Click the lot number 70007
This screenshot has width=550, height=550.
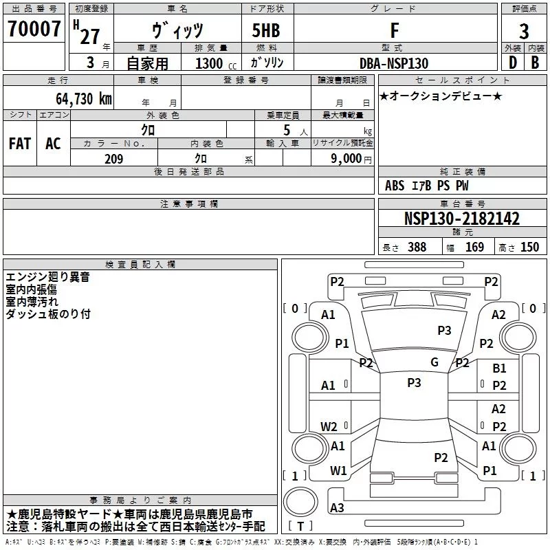click(x=34, y=30)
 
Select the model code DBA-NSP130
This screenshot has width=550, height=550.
click(x=394, y=63)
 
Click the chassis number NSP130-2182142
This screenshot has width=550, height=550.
click(x=461, y=219)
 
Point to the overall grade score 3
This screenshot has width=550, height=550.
click(x=524, y=32)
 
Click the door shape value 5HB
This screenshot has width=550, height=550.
click(x=261, y=31)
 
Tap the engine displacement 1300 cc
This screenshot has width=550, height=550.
click(x=213, y=63)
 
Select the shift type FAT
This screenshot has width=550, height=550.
click(x=20, y=144)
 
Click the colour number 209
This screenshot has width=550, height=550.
click(x=113, y=159)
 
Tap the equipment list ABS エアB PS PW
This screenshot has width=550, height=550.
click(x=428, y=186)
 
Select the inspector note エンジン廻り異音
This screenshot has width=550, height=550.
click(x=47, y=277)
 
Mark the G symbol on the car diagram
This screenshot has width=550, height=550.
click(x=434, y=362)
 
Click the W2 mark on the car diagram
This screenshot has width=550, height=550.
click(x=329, y=426)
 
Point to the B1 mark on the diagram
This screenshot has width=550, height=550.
click(x=499, y=369)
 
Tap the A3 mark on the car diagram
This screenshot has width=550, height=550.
click(x=337, y=508)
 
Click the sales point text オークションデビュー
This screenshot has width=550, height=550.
click(x=441, y=96)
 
